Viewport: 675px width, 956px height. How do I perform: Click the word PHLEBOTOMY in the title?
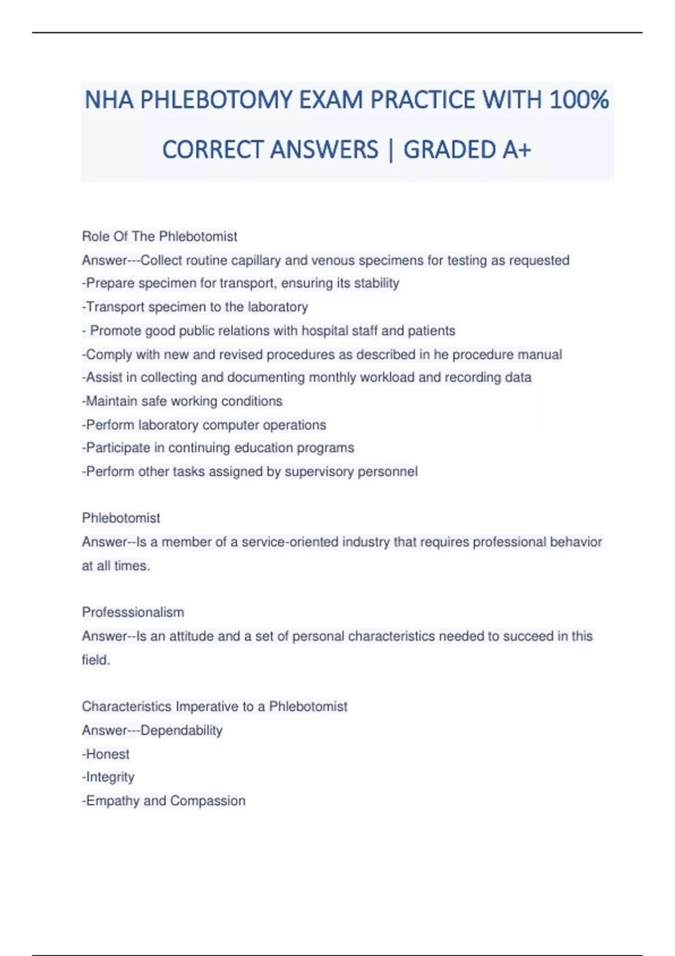(216, 100)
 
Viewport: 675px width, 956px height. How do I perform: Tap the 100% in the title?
(579, 100)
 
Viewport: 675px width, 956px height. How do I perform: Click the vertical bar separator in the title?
(390, 150)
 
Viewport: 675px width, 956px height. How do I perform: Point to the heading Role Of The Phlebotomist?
(159, 236)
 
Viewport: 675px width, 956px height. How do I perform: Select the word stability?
(376, 283)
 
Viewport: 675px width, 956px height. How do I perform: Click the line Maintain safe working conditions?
(182, 401)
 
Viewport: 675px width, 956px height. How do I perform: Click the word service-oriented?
(290, 542)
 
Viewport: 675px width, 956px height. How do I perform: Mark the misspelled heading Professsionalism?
(133, 612)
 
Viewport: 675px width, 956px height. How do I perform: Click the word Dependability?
(181, 730)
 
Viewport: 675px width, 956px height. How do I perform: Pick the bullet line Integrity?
(109, 777)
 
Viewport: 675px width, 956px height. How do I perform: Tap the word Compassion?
(208, 801)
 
